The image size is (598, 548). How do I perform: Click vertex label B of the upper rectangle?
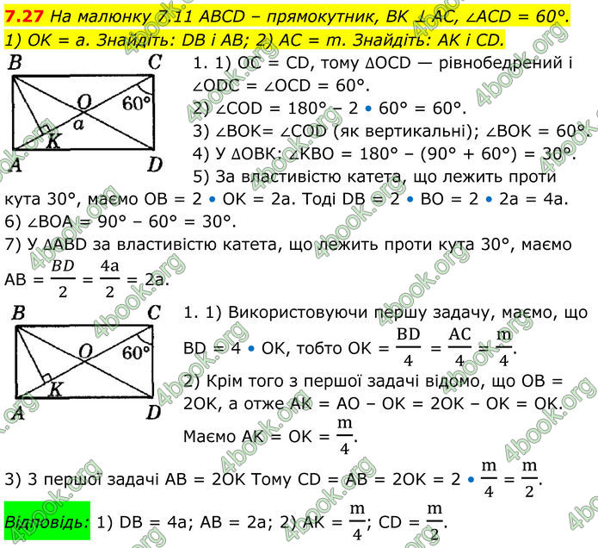pyautogui.click(x=15, y=62)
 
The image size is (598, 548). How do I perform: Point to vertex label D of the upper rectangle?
pyautogui.click(x=155, y=163)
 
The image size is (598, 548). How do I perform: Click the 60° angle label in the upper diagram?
pyautogui.click(x=136, y=103)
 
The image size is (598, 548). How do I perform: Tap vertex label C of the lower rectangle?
pyautogui.click(x=154, y=312)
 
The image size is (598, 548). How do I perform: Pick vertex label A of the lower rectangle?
pyautogui.click(x=15, y=413)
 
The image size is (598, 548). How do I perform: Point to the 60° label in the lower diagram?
pyautogui.click(x=136, y=352)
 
